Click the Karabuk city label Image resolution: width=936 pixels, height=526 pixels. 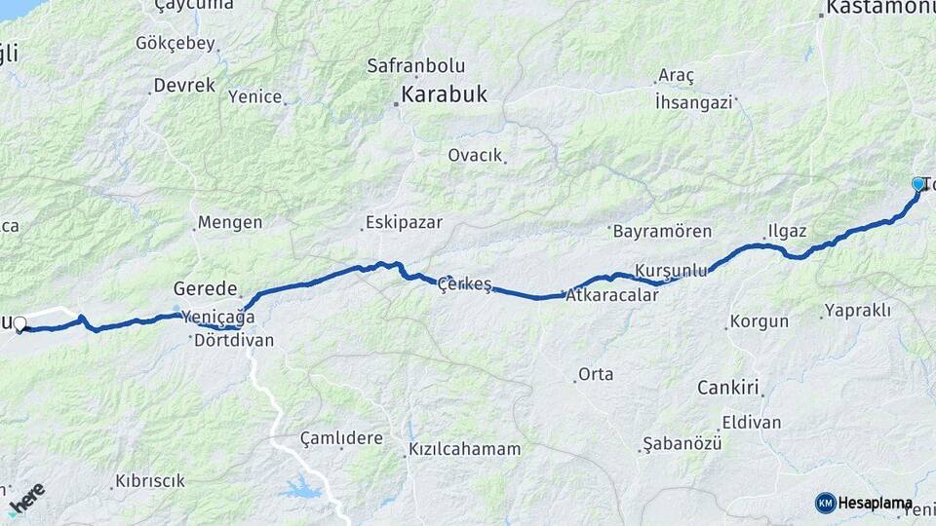coord(444,95)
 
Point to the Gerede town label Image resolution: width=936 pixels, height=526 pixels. coord(206,288)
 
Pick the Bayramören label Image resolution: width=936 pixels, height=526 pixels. coord(662,232)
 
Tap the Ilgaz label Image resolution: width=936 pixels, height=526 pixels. coord(787,231)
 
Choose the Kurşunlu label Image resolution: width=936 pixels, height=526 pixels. coord(670,270)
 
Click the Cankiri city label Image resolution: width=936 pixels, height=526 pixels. coord(727,388)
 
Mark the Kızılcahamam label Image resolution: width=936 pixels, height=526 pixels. coord(463,449)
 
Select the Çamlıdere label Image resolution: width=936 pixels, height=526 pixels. coord(341,438)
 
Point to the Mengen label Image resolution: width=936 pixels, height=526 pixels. coord(230,223)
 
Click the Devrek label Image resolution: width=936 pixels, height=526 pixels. coord(184,86)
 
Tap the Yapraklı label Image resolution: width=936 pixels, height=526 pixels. coord(857,310)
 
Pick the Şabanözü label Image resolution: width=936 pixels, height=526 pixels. coord(682,444)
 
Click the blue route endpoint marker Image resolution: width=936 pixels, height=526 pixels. coord(917,183)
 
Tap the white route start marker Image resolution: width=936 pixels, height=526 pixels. coord(19,322)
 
